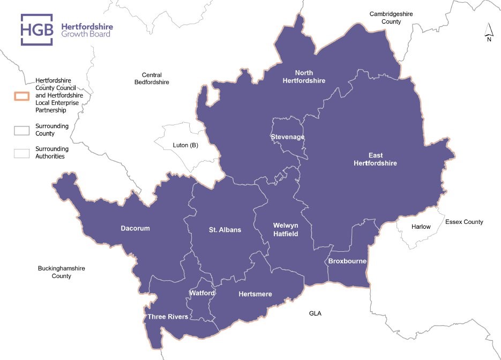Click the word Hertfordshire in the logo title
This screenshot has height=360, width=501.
click(87, 26)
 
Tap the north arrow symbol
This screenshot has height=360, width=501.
click(489, 33)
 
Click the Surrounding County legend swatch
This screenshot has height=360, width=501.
click(21, 129)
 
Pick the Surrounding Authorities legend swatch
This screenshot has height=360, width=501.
click(21, 153)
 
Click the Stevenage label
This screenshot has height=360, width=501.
click(287, 137)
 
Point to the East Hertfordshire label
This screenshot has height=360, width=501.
click(375, 159)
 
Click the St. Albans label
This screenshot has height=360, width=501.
click(225, 230)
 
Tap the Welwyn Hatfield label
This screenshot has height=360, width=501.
click(285, 229)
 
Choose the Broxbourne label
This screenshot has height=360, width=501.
click(347, 261)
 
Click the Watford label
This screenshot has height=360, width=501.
click(202, 293)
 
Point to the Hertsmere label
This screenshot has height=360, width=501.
click(255, 294)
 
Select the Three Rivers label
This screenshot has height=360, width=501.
click(168, 317)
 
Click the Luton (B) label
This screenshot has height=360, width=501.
click(185, 145)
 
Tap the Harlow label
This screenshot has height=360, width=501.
click(421, 227)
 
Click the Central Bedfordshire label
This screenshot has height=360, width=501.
click(152, 79)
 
